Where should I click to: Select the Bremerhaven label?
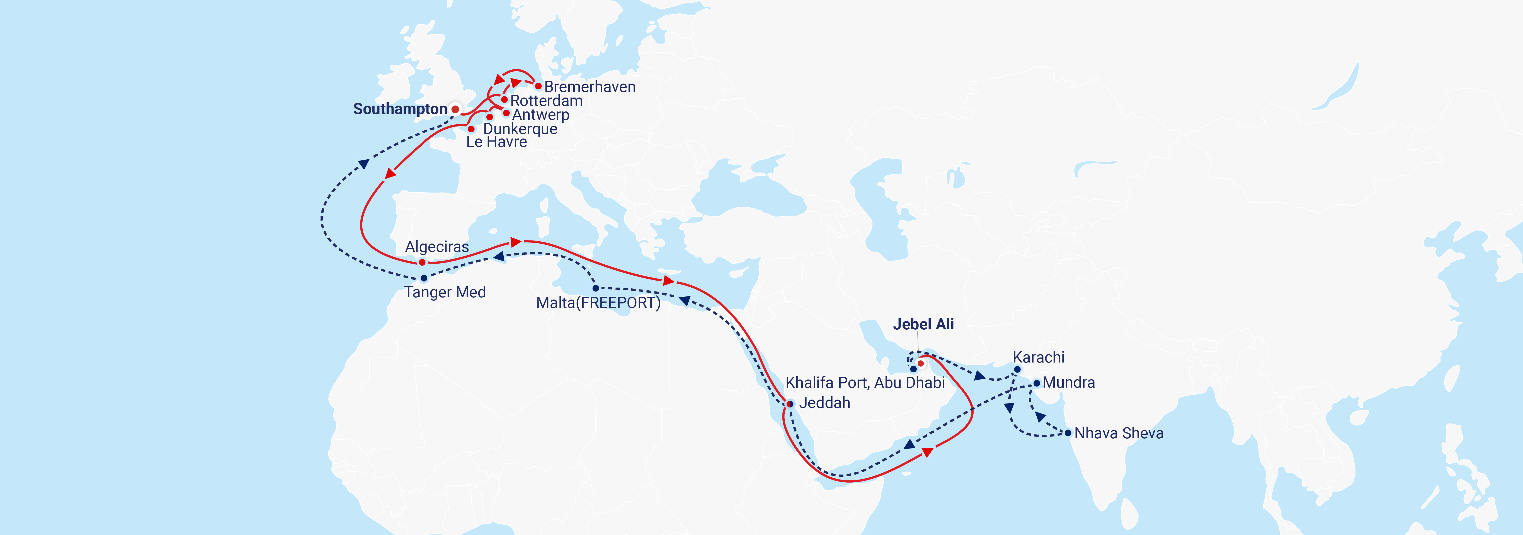(x=590, y=87)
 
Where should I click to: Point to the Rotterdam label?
(x=546, y=101)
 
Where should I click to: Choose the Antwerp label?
(x=540, y=115)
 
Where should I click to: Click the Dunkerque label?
(x=520, y=129)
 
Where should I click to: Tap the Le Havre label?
(x=496, y=142)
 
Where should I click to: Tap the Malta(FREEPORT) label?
(x=598, y=303)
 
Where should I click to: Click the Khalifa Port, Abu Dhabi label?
(x=865, y=383)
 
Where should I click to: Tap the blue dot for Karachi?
(x=1017, y=369)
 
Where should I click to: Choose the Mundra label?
(x=1068, y=383)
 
